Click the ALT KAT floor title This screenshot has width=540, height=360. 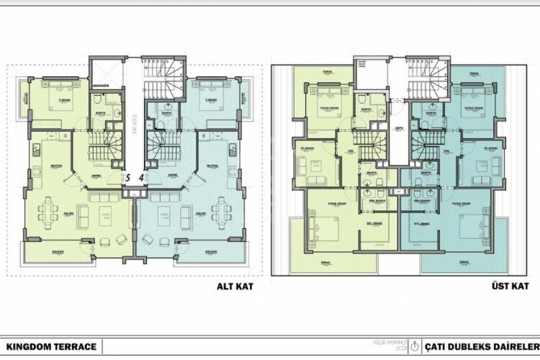coord(233,285)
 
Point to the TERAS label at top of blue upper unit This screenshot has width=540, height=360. coord(474,73)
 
